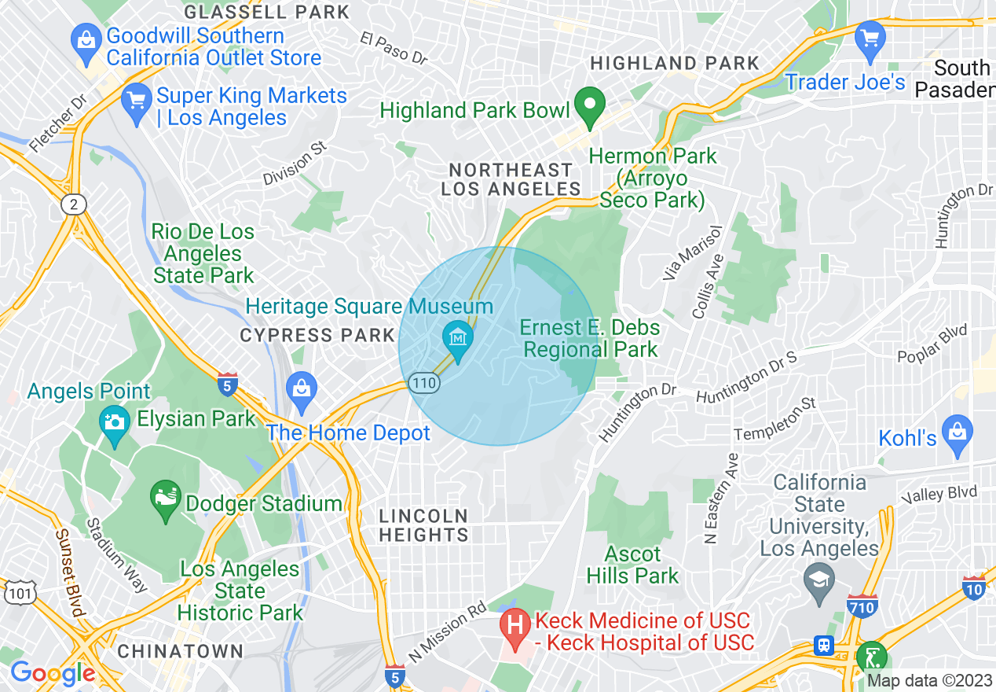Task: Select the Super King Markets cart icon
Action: point(137,102)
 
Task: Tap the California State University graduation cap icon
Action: point(819,582)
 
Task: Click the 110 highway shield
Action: point(423,382)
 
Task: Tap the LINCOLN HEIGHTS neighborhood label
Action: point(424,525)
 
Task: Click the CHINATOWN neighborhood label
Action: point(180,651)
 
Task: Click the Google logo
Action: point(52,673)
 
